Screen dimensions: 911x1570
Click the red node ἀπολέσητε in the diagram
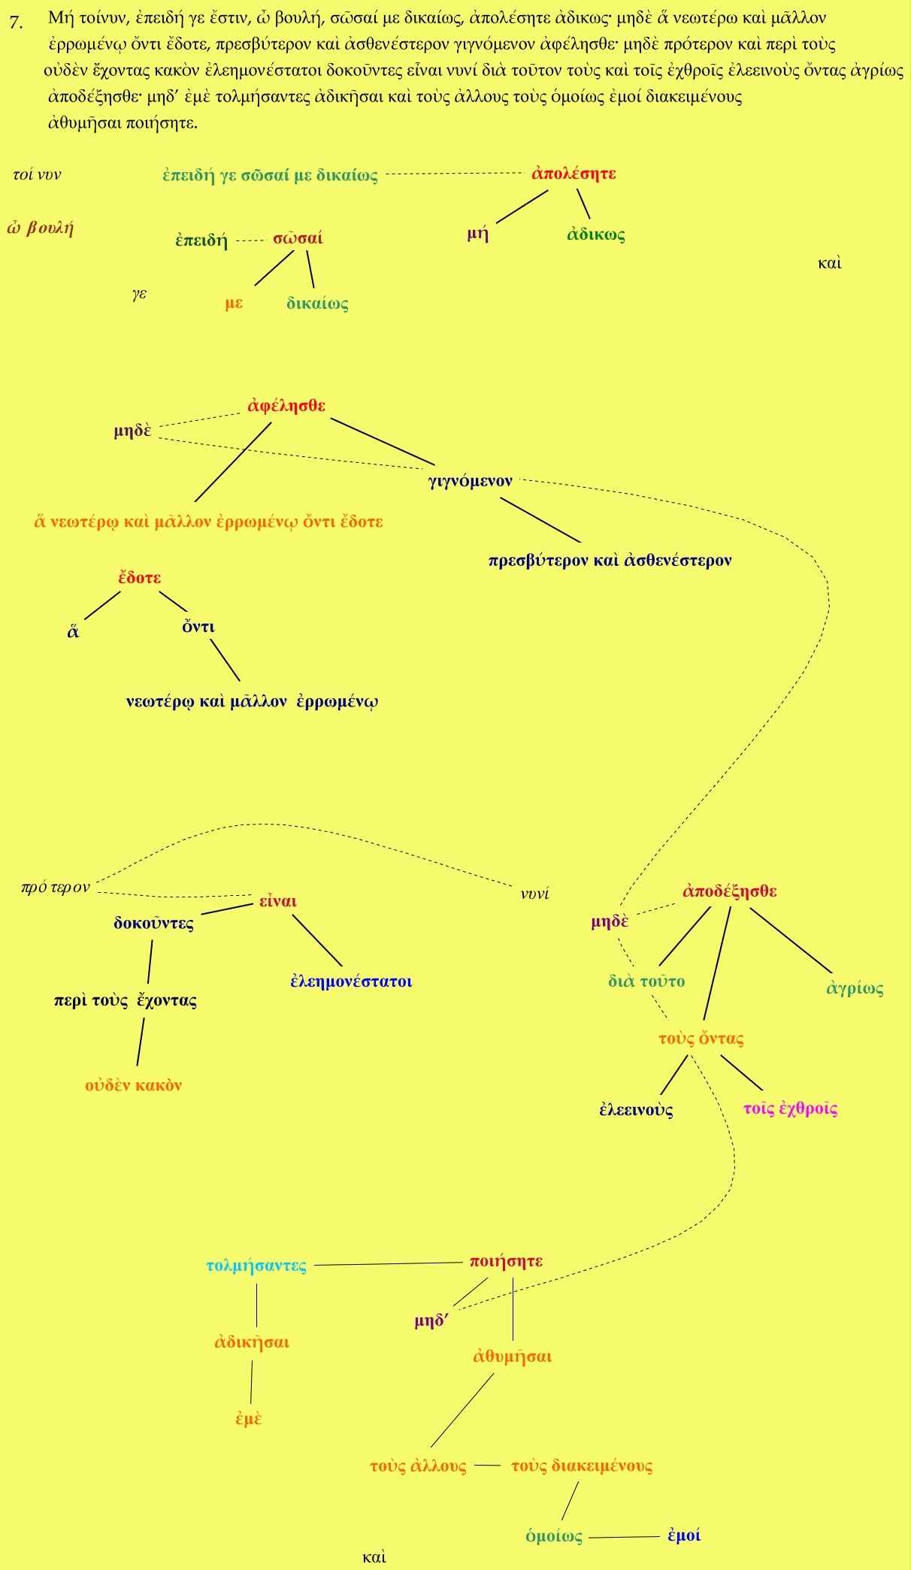tap(574, 174)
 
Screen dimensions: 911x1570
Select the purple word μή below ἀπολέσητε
tap(478, 234)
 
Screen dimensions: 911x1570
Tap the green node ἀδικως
tap(596, 234)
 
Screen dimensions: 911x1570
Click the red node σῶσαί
tap(298, 238)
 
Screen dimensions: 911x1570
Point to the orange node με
tap(234, 304)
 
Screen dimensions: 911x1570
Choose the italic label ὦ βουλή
tap(41, 228)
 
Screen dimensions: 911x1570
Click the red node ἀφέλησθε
tap(286, 406)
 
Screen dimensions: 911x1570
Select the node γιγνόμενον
tap(471, 481)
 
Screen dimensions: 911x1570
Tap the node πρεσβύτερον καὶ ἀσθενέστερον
tap(610, 561)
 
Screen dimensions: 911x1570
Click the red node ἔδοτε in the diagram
tap(140, 578)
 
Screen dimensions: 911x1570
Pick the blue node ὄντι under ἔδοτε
tap(198, 627)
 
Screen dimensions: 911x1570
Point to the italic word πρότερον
tap(56, 888)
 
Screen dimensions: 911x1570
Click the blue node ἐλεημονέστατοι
tap(351, 981)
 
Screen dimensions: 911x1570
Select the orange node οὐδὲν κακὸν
tap(134, 1085)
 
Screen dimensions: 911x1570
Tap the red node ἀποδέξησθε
tap(730, 891)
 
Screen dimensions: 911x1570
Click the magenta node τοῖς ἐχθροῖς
tap(790, 1109)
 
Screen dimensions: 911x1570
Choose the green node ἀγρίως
tap(855, 988)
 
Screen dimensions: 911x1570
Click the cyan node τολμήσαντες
tap(256, 1266)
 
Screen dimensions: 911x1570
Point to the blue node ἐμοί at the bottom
tap(684, 1535)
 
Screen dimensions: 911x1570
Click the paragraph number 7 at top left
tap(16, 22)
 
